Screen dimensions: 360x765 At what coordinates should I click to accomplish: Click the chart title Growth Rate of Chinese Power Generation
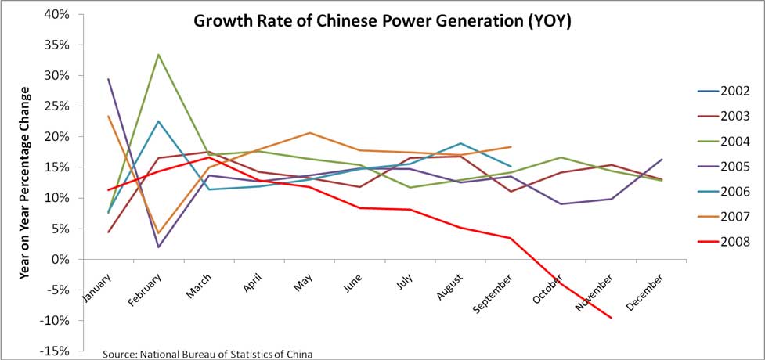(x=383, y=21)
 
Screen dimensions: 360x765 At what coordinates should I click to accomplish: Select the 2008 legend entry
(x=737, y=242)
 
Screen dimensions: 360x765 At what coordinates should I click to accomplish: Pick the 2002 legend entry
(x=737, y=91)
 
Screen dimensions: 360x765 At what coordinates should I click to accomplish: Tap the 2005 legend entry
(x=737, y=166)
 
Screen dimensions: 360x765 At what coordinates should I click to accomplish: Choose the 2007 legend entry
(x=737, y=217)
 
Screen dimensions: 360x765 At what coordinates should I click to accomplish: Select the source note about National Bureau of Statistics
(x=207, y=354)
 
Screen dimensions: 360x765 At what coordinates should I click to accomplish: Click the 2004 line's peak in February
(x=158, y=55)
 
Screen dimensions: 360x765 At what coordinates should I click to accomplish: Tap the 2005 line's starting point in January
(x=108, y=79)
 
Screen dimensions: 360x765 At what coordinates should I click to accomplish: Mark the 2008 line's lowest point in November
(x=611, y=318)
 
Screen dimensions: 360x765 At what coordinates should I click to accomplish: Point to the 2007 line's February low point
(x=158, y=233)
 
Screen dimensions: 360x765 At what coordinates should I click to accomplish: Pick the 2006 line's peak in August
(x=460, y=143)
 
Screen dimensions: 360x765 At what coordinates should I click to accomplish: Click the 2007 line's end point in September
(x=511, y=146)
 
